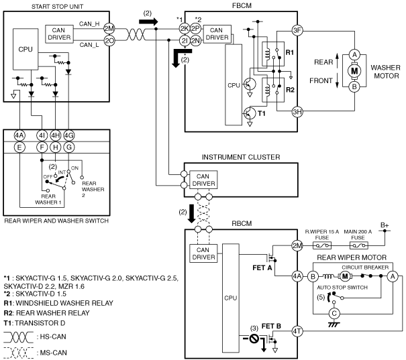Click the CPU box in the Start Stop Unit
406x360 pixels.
click(x=26, y=49)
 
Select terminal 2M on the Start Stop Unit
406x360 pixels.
click(x=109, y=29)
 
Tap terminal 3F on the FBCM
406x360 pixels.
click(x=297, y=31)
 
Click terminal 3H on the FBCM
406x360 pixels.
click(x=297, y=112)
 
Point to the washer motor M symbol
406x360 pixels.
click(x=354, y=70)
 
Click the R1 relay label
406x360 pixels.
click(x=290, y=52)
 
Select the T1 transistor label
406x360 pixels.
click(x=262, y=113)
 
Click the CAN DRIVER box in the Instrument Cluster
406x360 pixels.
click(x=203, y=180)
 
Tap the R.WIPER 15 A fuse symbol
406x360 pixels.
click(x=322, y=245)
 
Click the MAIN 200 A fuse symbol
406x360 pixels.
click(x=358, y=245)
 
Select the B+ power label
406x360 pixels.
click(x=385, y=225)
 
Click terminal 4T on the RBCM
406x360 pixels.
click(x=297, y=331)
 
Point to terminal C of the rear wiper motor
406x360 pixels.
click(x=334, y=314)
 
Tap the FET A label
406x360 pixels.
click(x=262, y=267)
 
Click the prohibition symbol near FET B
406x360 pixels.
click(x=254, y=338)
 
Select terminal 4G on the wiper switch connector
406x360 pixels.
click(x=68, y=135)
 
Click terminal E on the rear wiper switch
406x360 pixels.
click(x=19, y=147)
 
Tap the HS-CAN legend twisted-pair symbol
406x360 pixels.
click(x=19, y=337)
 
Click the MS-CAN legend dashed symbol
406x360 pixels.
click(x=19, y=353)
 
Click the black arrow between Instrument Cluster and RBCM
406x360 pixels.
click(x=191, y=214)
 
